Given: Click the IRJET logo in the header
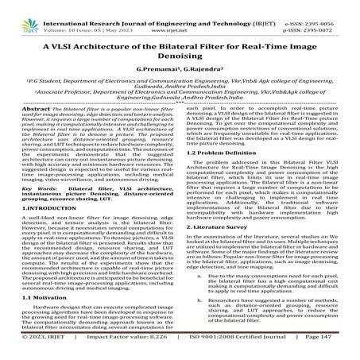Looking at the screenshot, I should [16, 10].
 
